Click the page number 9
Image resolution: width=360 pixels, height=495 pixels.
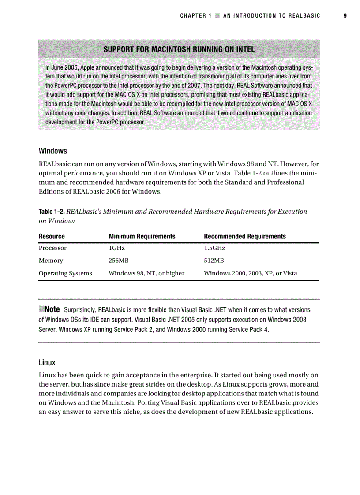345,16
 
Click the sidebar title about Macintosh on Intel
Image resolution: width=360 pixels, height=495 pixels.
179,49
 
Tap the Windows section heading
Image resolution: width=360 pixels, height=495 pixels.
53,151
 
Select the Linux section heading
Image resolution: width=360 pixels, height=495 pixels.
47,363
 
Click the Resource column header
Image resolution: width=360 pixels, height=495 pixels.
52,237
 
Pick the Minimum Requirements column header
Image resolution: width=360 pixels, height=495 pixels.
142,237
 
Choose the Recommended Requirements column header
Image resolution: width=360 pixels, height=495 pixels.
245,237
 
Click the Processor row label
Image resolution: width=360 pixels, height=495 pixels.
53,248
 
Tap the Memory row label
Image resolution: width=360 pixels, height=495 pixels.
51,261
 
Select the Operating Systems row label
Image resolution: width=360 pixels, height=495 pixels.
65,273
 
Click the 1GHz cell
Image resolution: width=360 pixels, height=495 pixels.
117,248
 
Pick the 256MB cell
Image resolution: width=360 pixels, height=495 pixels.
119,261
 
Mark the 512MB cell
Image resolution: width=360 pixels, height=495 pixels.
214,261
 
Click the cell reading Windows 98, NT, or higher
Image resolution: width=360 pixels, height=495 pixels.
146,273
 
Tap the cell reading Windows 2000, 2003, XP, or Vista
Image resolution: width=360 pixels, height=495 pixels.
251,273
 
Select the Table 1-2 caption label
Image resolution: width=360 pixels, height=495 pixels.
51,212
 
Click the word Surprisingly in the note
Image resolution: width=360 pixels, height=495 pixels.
80,310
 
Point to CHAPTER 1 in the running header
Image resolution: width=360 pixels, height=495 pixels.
193,16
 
